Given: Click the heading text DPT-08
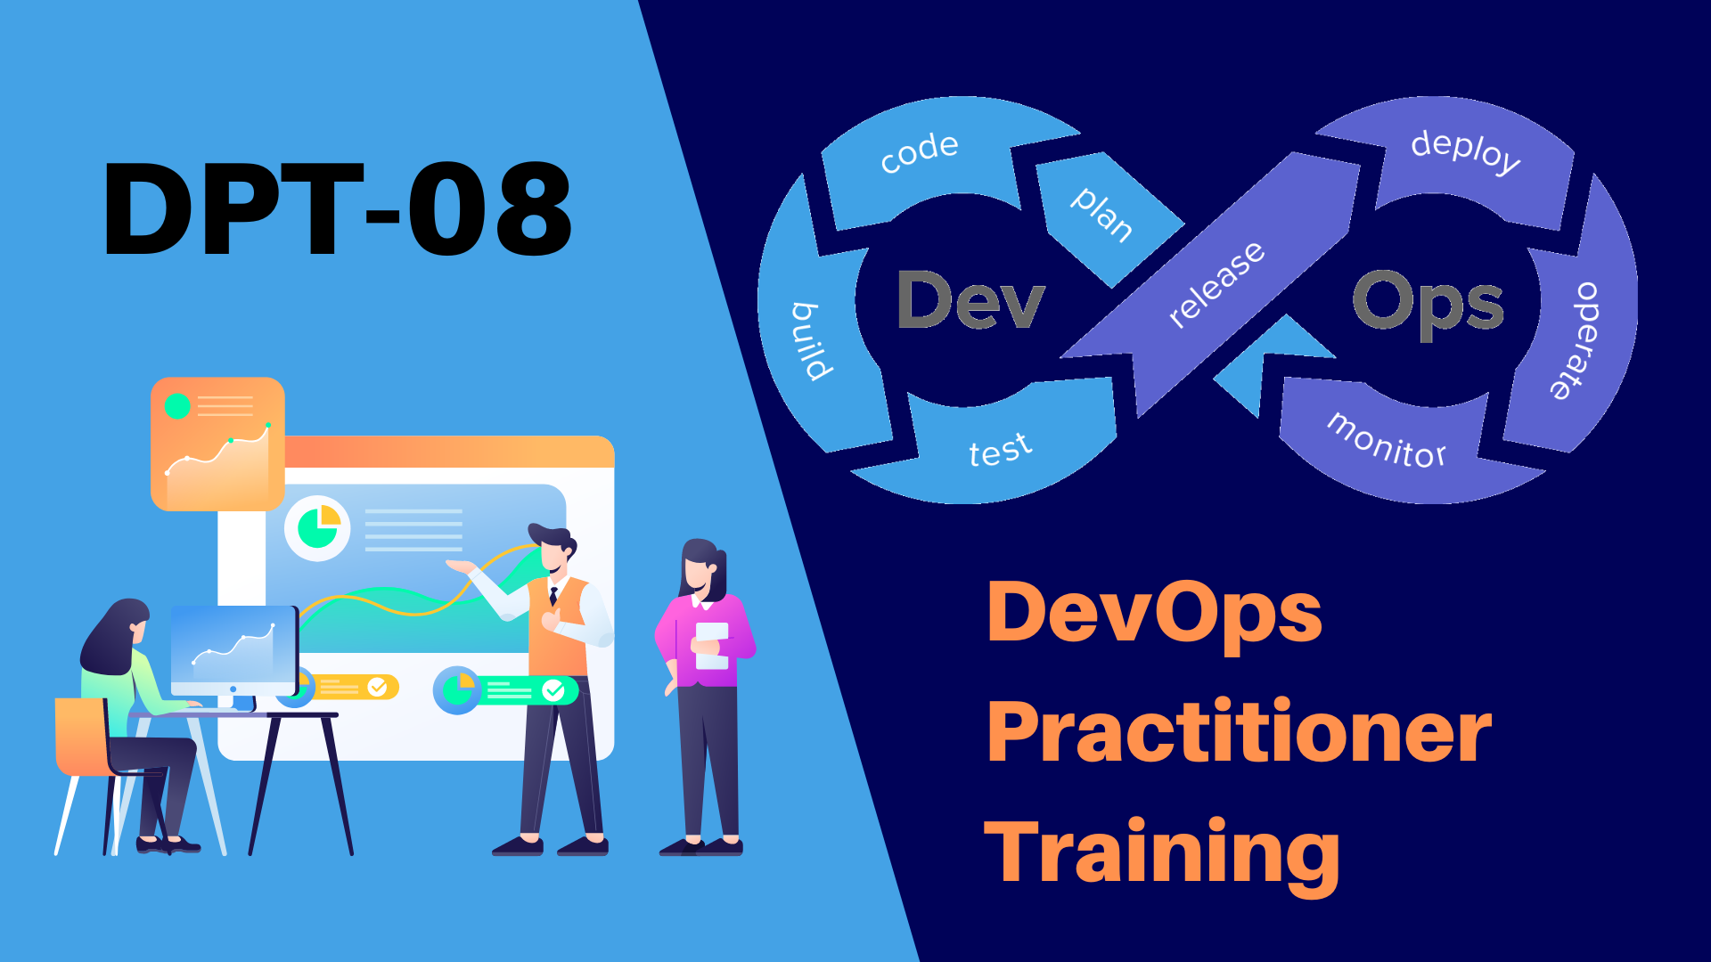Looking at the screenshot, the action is (x=338, y=209).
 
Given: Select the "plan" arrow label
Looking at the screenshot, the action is (x=1102, y=214).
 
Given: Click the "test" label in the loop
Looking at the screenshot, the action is (x=1000, y=450).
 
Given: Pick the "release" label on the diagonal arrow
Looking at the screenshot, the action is (x=1216, y=284).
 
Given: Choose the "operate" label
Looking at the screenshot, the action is (x=1576, y=341).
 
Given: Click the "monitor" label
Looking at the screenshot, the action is (x=1387, y=441).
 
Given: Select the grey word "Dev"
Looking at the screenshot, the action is (x=970, y=300).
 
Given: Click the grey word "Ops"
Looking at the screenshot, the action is (x=1428, y=303).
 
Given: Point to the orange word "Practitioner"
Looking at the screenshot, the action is (x=1239, y=732).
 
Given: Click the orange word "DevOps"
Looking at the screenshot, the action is (x=1155, y=613).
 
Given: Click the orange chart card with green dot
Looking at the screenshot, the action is (x=217, y=444).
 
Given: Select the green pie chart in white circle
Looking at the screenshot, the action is (x=317, y=528).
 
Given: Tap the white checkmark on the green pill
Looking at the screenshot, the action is (x=553, y=690).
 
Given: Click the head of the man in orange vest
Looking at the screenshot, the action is (x=553, y=551).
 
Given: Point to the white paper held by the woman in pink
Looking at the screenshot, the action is (x=711, y=646).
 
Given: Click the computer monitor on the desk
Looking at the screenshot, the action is (x=234, y=651).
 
